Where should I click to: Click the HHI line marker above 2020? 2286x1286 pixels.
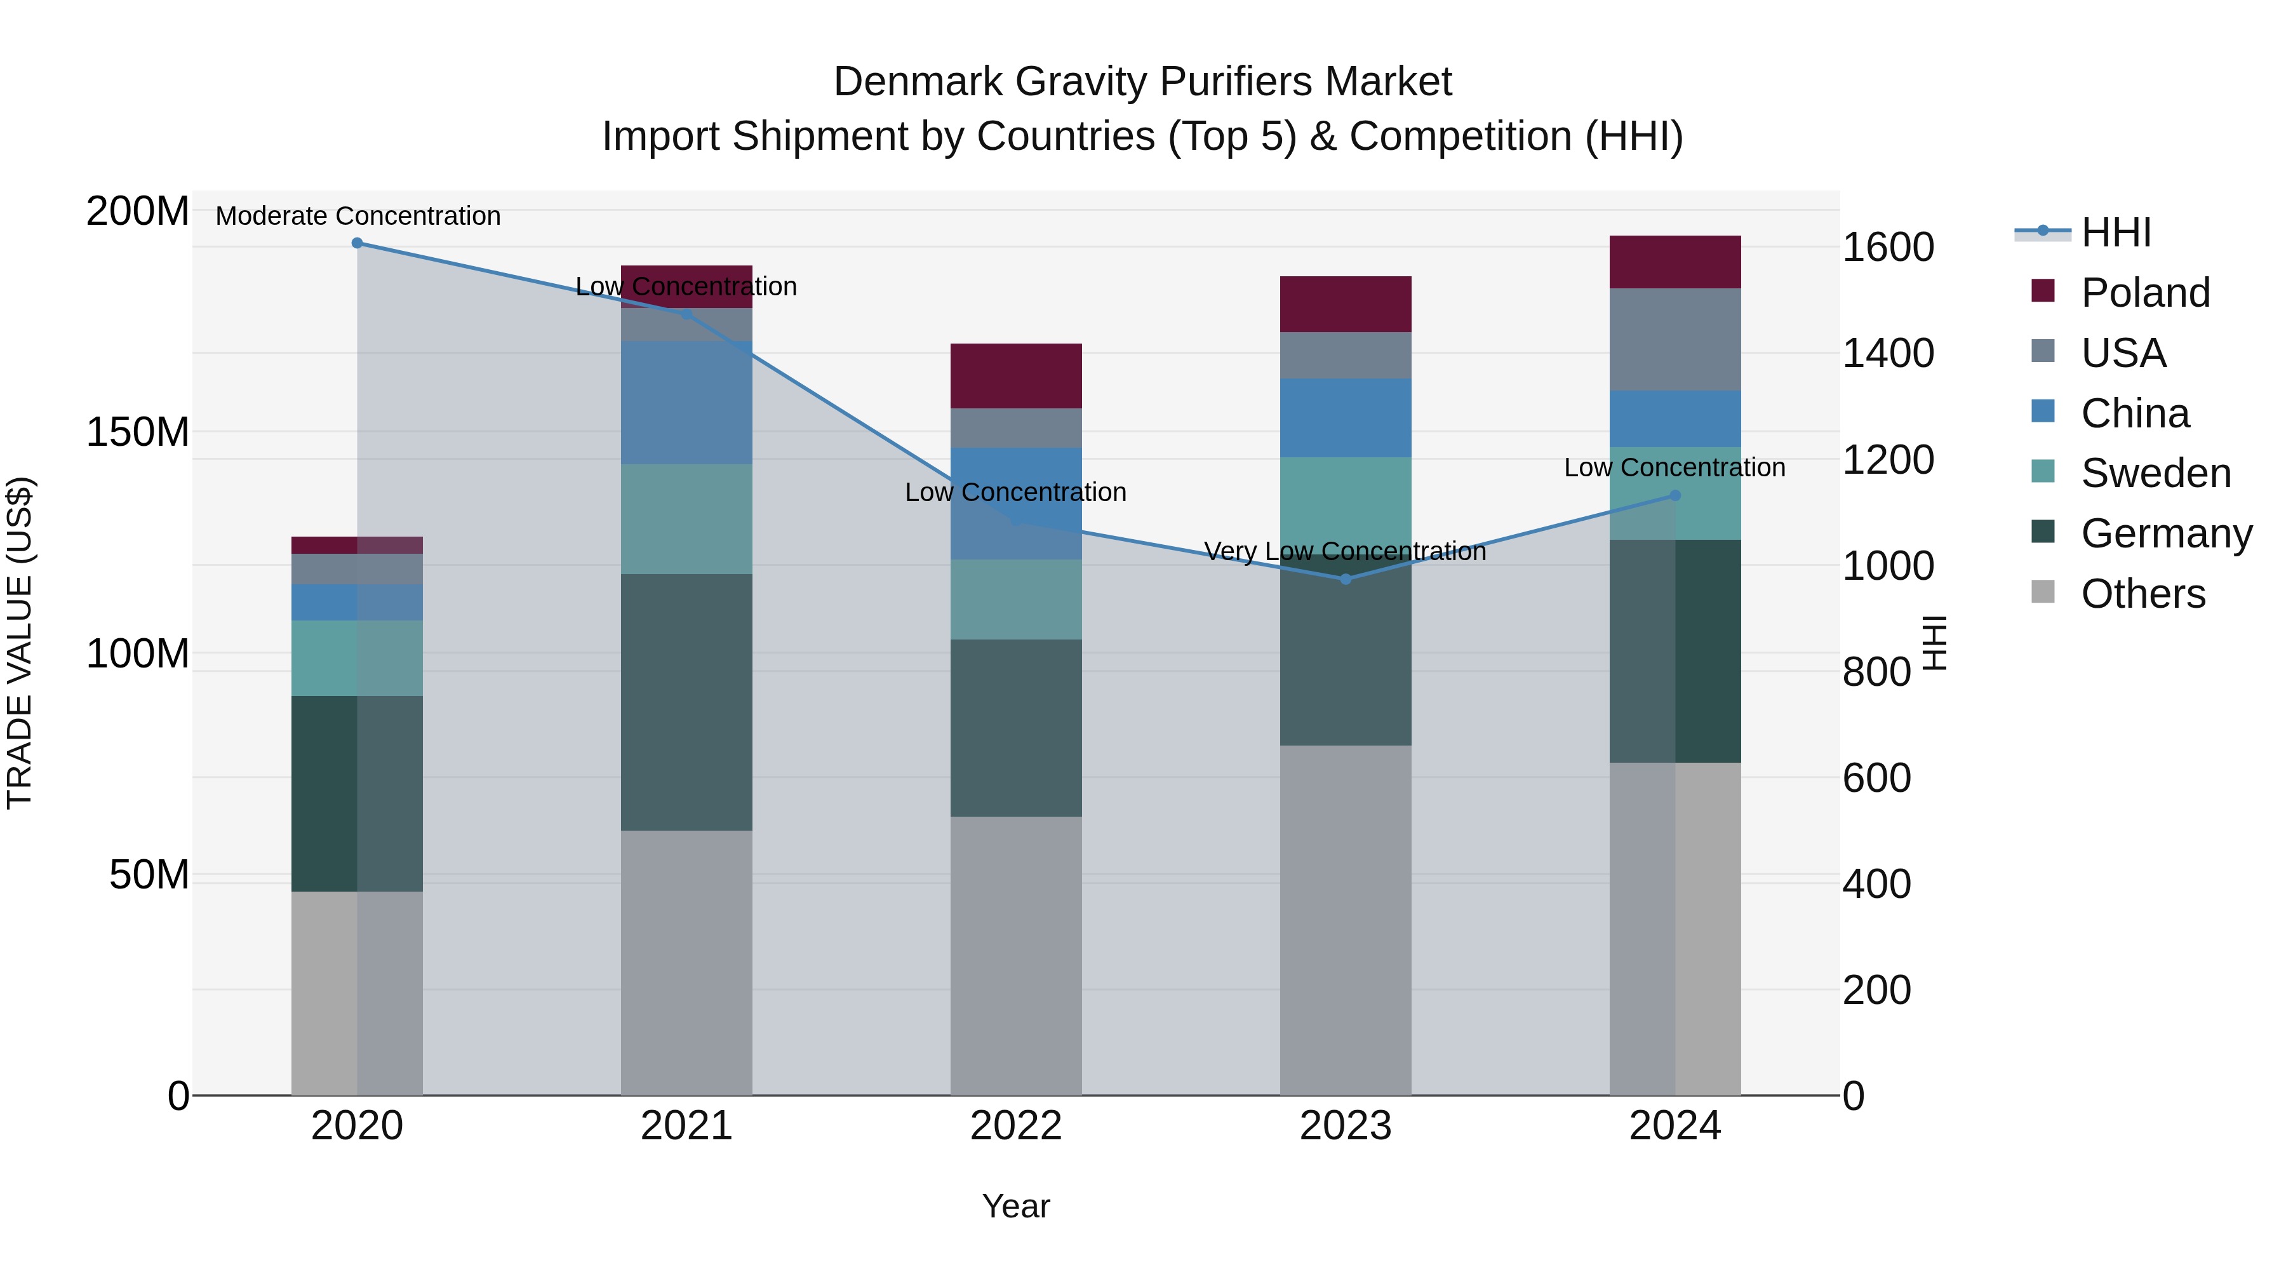click(357, 243)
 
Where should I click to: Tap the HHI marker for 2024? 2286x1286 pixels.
click(1674, 496)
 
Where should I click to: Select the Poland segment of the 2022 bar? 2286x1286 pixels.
click(1016, 375)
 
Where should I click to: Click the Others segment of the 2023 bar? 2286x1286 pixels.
click(1346, 920)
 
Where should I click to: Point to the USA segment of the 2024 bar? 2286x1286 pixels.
click(1674, 339)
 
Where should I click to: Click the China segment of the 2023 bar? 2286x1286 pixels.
click(1346, 417)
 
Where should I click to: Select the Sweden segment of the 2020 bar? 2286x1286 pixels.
click(357, 658)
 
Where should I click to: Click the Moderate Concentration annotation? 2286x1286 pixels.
click(358, 216)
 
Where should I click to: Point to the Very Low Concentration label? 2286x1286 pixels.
click(1344, 551)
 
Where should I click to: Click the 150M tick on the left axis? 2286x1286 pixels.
click(138, 432)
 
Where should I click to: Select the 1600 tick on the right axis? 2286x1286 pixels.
click(1888, 247)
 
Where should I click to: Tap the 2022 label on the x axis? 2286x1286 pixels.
click(1016, 1126)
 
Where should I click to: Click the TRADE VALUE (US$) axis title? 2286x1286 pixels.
click(20, 643)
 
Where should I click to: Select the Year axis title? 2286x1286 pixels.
click(1016, 1206)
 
